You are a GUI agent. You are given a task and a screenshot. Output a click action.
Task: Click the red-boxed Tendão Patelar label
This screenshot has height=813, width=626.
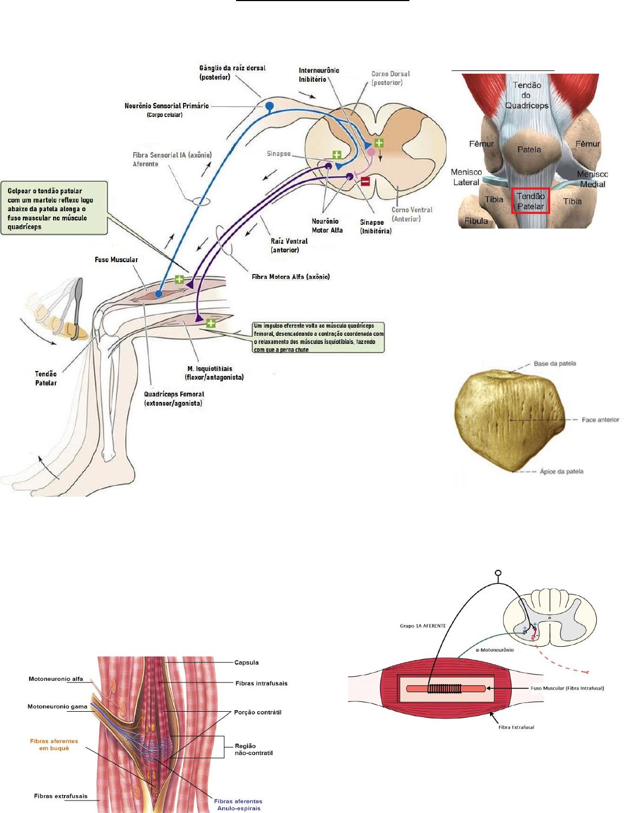point(530,201)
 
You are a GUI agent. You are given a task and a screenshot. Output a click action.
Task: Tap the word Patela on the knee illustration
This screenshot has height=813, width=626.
point(529,149)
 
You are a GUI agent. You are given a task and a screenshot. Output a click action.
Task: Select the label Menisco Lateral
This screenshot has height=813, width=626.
point(466,177)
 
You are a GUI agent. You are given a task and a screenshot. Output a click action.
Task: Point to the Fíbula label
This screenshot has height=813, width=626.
point(476,221)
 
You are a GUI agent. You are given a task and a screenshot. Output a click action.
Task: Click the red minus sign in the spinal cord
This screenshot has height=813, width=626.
point(366,181)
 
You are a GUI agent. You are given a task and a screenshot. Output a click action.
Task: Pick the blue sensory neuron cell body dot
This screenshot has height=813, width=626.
point(269,105)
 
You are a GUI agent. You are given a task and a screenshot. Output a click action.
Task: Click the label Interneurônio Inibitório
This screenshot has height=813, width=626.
point(319,75)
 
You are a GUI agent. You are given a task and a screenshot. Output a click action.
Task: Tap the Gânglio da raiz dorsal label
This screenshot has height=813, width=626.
point(232,73)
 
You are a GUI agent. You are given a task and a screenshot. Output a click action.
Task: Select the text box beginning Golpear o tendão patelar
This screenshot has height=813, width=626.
point(54,208)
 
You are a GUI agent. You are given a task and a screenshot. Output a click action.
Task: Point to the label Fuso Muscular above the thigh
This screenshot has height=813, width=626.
point(116,260)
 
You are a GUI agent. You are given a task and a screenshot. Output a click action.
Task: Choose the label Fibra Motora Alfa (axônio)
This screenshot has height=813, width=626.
point(291,277)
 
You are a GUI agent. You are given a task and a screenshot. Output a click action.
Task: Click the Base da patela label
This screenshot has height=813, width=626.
point(555,363)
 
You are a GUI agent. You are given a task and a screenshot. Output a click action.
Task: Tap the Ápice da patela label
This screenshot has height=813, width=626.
point(562,471)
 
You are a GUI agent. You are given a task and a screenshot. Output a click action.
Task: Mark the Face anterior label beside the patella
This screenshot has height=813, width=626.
point(600,420)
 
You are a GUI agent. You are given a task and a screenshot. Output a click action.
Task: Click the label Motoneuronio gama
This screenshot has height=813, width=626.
point(57,706)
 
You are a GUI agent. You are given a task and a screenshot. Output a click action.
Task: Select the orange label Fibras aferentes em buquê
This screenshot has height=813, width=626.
point(54,745)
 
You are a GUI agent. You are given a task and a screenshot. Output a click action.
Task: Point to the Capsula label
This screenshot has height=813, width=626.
point(246,662)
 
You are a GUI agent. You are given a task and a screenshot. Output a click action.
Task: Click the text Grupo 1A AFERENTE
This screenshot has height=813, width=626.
point(423,626)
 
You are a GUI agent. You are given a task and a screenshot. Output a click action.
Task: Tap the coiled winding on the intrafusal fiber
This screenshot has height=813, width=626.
point(445,689)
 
